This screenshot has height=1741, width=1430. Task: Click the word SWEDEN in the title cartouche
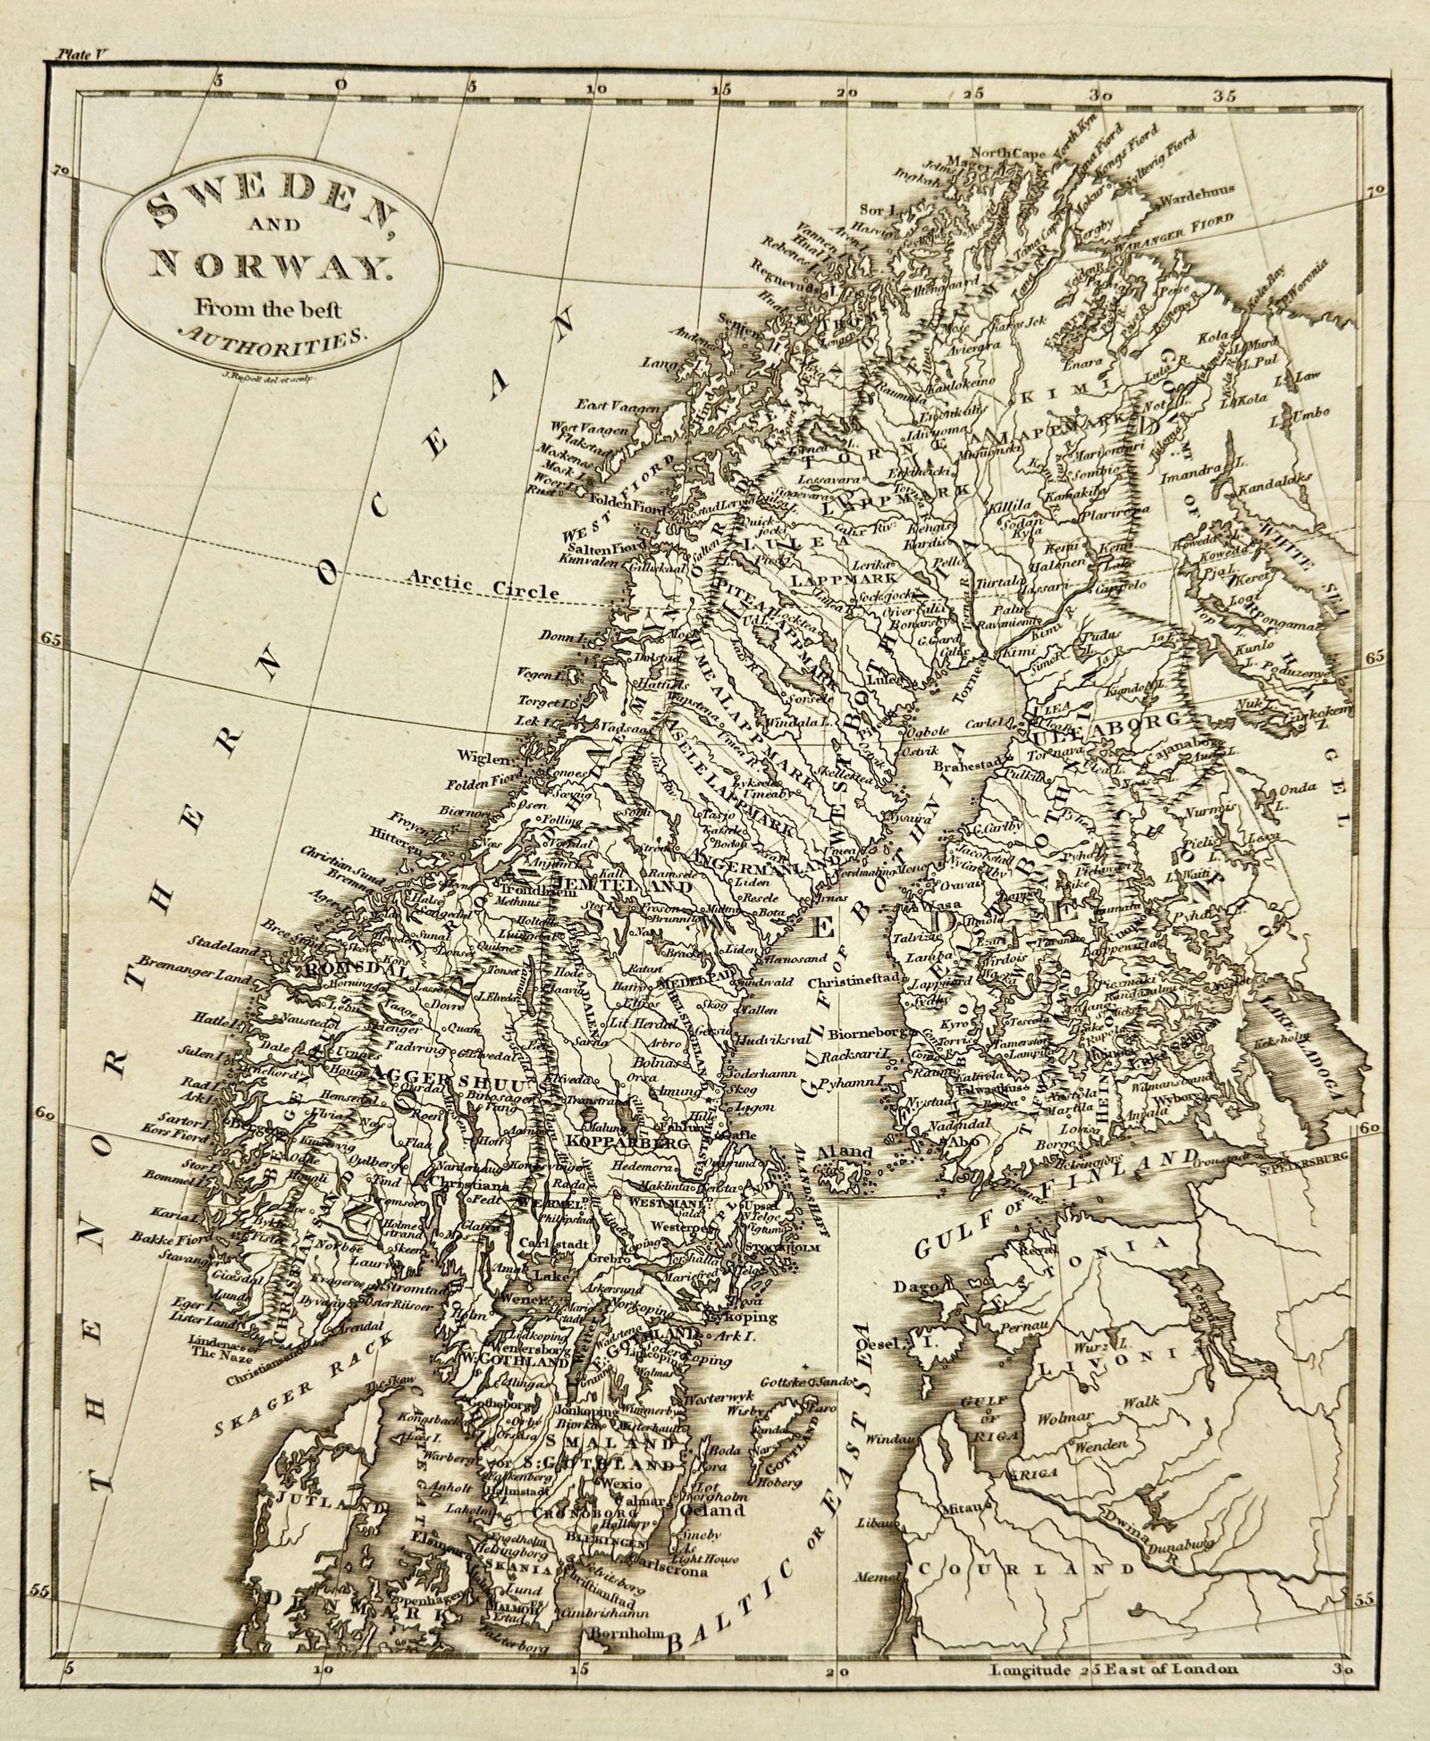tap(272, 210)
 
